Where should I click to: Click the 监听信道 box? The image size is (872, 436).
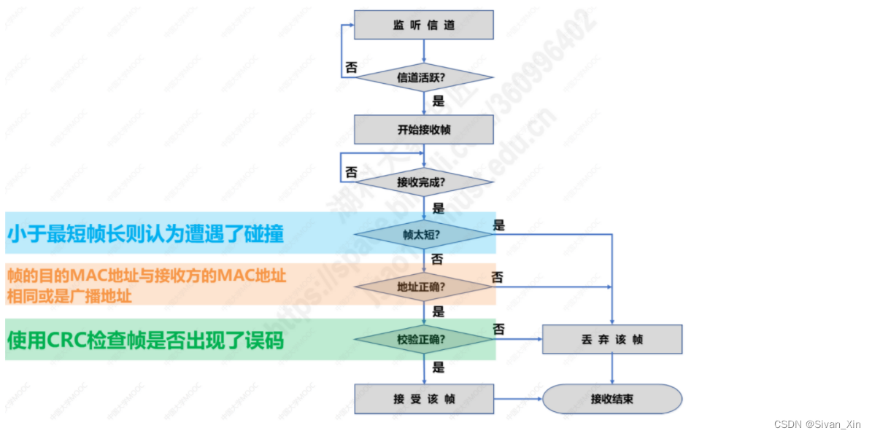423,25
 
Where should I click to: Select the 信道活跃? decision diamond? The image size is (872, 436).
423,77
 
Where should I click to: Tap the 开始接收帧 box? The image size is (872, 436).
423,130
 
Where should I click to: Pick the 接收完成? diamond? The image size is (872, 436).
423,182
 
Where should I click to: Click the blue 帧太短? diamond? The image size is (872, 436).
423,235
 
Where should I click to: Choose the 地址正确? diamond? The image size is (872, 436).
423,287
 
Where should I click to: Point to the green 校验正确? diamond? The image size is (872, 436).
423,339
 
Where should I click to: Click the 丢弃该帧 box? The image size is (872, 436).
611,340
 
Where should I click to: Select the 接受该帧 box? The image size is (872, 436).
423,399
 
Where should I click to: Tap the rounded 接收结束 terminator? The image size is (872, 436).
611,399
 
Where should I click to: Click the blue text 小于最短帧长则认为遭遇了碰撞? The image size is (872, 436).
145,234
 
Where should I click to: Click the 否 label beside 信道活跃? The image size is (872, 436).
352,68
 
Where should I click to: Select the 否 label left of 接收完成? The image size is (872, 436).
352,173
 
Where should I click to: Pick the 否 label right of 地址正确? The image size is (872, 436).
498,277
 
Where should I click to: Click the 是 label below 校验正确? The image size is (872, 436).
438,367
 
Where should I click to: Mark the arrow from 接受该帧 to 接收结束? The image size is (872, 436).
518,399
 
